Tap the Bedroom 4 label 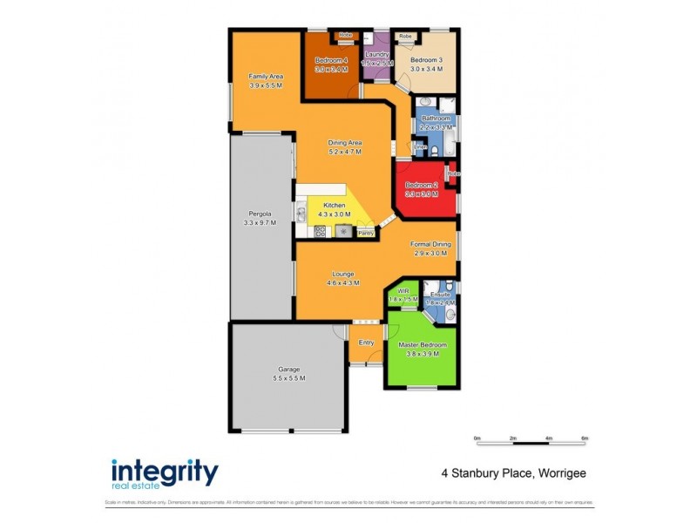coord(331,60)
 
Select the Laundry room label coord(377,55)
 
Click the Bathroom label coord(436,118)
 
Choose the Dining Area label coord(345,142)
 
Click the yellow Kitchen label coord(335,206)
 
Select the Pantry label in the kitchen coord(366,234)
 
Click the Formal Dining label coord(431,245)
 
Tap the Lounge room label coord(342,274)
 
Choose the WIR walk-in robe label coord(403,290)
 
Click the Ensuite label coord(440,295)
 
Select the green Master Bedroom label coord(418,346)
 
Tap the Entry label coord(367,343)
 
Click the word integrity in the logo coord(165,471)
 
